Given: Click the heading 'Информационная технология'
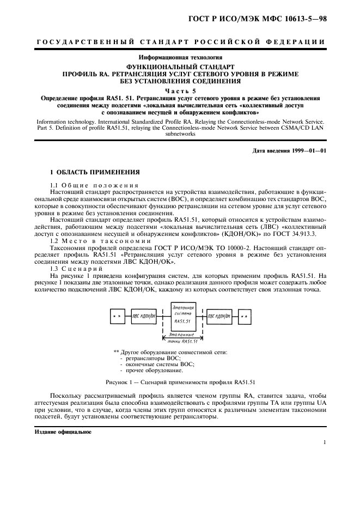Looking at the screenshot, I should point(180,57).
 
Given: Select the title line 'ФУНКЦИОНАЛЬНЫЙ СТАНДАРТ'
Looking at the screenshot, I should point(180,65).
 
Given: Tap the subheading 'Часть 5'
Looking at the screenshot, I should point(180,90).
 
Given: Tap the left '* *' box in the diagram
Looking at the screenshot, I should point(116,315).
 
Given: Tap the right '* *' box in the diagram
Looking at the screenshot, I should point(245,315).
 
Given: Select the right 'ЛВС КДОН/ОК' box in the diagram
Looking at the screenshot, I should point(219,315).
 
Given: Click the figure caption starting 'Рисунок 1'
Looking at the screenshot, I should point(180,381).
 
